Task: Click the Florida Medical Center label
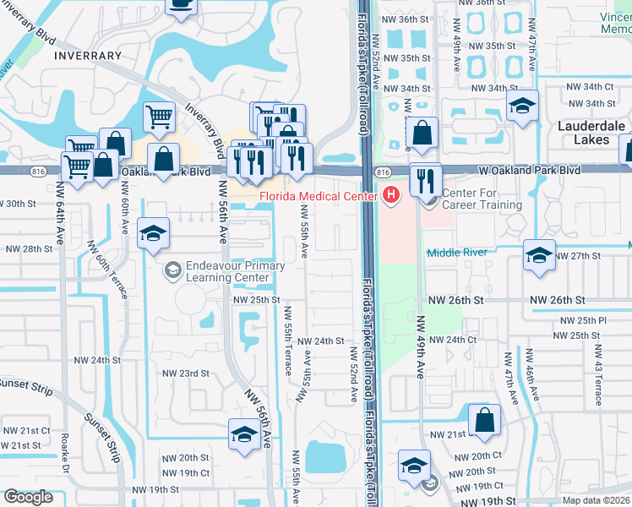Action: (318, 197)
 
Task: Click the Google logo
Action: (28, 497)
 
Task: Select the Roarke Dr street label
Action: (64, 452)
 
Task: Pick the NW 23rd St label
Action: (185, 373)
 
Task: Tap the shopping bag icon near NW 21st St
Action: (485, 420)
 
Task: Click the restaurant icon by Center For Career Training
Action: (425, 178)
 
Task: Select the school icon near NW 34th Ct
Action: (523, 106)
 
